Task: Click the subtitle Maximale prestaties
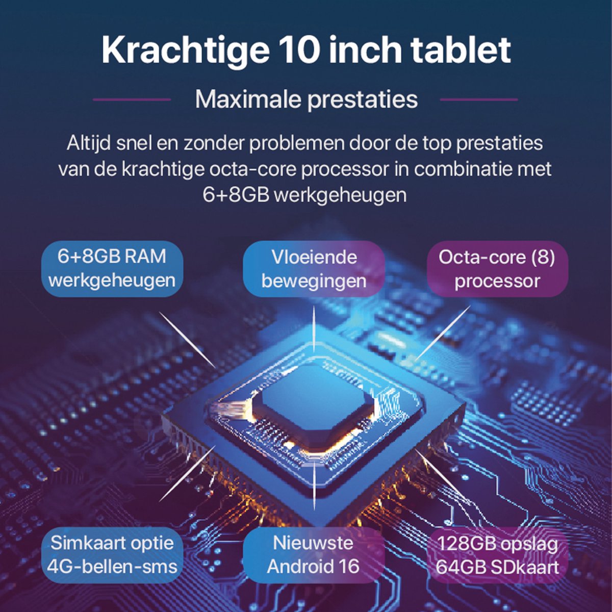point(306,100)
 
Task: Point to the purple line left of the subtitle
point(132,100)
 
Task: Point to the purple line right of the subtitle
point(478,100)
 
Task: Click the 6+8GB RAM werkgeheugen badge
point(112,269)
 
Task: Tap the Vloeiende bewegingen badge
point(314,269)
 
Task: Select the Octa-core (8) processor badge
point(497,269)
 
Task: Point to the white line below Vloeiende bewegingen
point(314,329)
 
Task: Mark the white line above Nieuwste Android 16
point(314,486)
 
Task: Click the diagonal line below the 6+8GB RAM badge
point(187,340)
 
